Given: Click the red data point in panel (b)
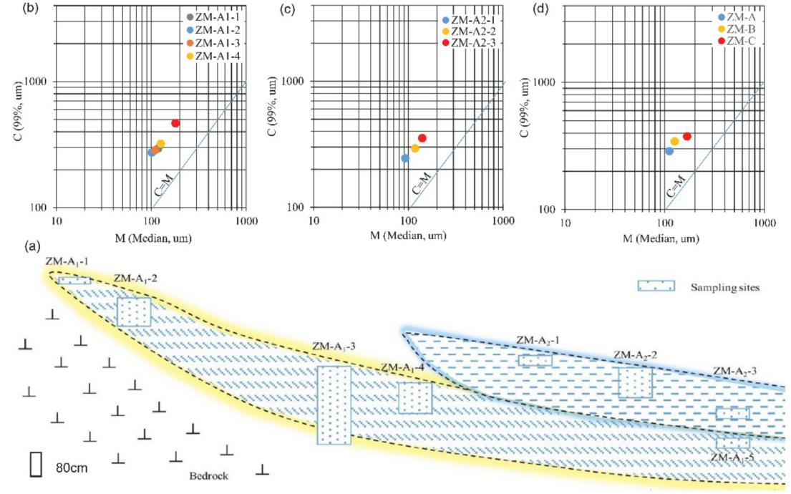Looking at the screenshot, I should click(x=175, y=123).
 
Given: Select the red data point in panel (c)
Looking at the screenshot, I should click(x=422, y=137).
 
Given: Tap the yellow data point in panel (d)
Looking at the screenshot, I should click(x=674, y=142).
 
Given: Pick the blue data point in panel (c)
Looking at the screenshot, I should click(x=405, y=158).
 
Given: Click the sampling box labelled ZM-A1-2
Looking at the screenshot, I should click(x=134, y=312).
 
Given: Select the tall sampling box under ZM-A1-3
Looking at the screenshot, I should click(x=334, y=405).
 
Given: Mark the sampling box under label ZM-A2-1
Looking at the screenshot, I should click(x=535, y=360).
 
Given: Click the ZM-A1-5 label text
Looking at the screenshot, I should click(x=734, y=456).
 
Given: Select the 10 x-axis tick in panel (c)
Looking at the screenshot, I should click(x=313, y=222).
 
